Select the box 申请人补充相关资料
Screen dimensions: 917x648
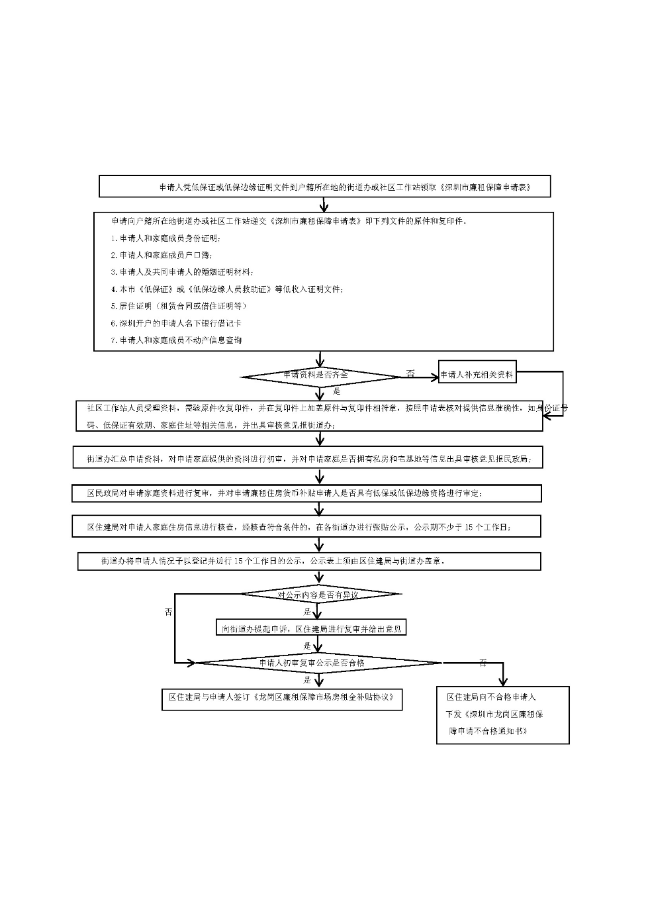(x=477, y=375)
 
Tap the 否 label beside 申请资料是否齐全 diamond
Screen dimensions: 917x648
(x=410, y=374)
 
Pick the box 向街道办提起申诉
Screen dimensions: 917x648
(x=310, y=628)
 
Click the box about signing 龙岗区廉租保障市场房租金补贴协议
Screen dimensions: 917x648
(x=282, y=698)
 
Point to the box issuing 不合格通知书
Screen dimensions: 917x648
(x=502, y=714)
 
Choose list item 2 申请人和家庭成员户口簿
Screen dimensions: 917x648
(x=162, y=255)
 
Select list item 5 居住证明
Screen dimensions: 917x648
(x=179, y=306)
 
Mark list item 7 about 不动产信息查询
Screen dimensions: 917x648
(x=177, y=340)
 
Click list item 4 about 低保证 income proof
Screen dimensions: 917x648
(x=227, y=289)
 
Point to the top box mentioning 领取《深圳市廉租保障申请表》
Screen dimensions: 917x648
(x=324, y=187)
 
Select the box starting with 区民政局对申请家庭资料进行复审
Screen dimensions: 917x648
(x=306, y=493)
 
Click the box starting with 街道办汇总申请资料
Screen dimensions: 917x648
(x=308, y=458)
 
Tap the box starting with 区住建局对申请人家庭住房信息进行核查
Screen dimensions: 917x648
(x=306, y=527)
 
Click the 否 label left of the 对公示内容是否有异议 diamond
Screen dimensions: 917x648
(x=168, y=612)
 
